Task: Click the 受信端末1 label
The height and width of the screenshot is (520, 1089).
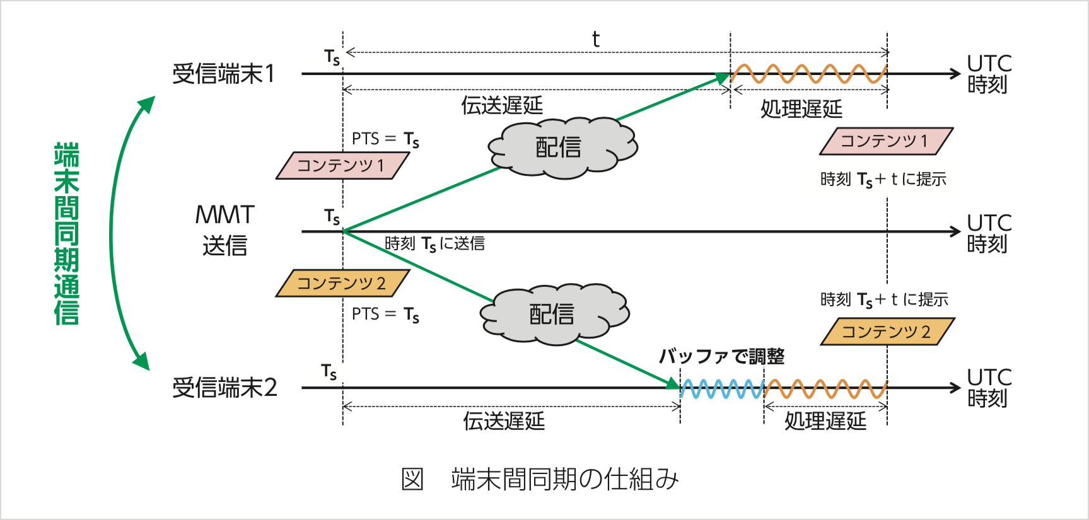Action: [224, 74]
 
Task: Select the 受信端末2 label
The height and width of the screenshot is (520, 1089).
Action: [224, 387]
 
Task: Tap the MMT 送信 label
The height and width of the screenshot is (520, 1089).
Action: [224, 230]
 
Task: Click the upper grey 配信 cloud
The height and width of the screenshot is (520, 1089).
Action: [561, 147]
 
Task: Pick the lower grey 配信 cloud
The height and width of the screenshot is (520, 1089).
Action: [553, 314]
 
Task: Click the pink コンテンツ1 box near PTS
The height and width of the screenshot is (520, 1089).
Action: [342, 166]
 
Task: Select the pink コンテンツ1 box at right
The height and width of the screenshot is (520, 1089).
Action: [885, 141]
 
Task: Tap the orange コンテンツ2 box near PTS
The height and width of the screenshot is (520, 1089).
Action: [342, 284]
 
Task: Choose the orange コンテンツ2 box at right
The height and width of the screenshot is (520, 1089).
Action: [887, 332]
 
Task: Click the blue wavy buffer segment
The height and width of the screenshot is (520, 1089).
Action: [722, 389]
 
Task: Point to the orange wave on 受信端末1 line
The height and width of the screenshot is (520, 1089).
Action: [808, 74]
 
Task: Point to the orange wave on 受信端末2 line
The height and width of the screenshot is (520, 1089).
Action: [825, 389]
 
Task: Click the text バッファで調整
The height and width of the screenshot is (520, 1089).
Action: [721, 357]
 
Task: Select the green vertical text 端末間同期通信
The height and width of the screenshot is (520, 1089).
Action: [66, 233]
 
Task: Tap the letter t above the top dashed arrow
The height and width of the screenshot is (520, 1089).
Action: [595, 40]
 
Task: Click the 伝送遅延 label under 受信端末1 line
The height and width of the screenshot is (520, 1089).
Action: [502, 105]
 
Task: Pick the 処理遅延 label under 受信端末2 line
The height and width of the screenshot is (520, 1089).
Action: [825, 420]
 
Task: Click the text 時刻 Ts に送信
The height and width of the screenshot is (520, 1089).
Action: [434, 244]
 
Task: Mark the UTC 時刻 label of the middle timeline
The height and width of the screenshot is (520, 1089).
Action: [989, 233]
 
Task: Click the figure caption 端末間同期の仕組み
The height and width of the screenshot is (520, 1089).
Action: [564, 480]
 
